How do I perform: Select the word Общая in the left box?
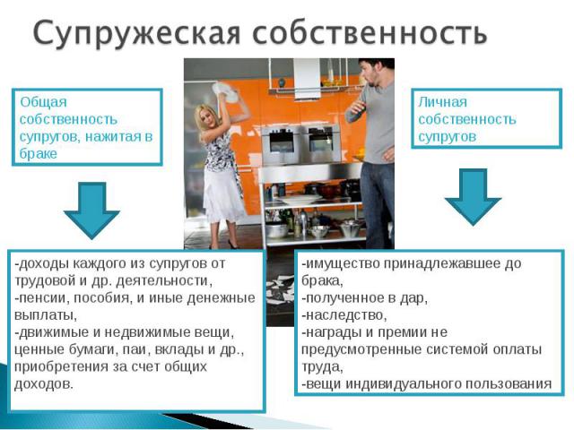[x=43, y=102]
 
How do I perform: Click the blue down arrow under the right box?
[x=473, y=197]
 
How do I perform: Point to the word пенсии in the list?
[x=41, y=298]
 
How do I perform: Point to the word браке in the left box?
[x=38, y=153]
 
